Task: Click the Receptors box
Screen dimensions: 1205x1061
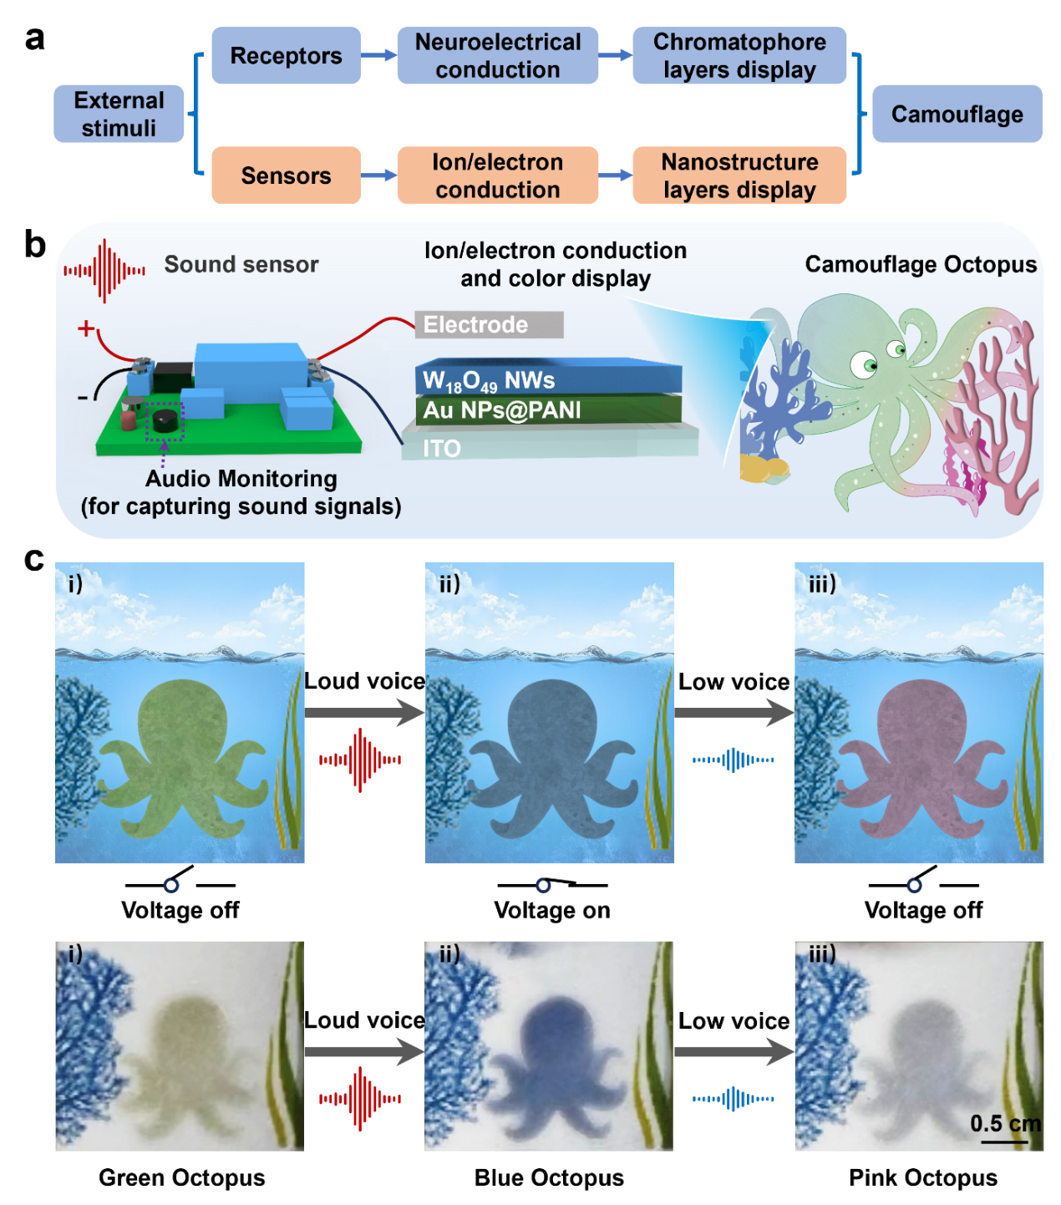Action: (x=286, y=55)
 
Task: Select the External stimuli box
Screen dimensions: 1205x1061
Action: (x=119, y=114)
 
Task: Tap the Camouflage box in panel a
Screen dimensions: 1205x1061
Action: (x=957, y=114)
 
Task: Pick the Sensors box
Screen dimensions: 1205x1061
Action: (x=286, y=175)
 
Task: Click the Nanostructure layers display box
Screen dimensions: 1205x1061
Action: (x=739, y=175)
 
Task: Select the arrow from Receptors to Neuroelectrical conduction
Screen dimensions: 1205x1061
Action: (x=378, y=56)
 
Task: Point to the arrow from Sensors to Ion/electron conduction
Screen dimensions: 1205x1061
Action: (x=378, y=175)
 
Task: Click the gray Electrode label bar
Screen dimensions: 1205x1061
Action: (x=489, y=324)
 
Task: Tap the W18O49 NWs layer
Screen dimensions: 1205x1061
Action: (x=547, y=379)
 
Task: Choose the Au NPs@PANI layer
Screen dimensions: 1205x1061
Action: (x=547, y=409)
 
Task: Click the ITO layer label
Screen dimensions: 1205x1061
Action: (x=442, y=449)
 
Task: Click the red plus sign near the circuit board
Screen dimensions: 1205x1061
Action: (x=85, y=328)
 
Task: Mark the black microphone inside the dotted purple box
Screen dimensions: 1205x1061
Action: (x=165, y=418)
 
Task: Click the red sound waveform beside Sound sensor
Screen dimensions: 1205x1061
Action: (x=104, y=270)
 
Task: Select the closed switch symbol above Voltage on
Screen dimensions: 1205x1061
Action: (x=552, y=883)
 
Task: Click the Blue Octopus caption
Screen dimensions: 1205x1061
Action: (x=549, y=1177)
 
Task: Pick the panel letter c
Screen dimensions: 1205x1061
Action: (x=34, y=558)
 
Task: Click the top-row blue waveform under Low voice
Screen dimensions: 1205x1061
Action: (x=734, y=760)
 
